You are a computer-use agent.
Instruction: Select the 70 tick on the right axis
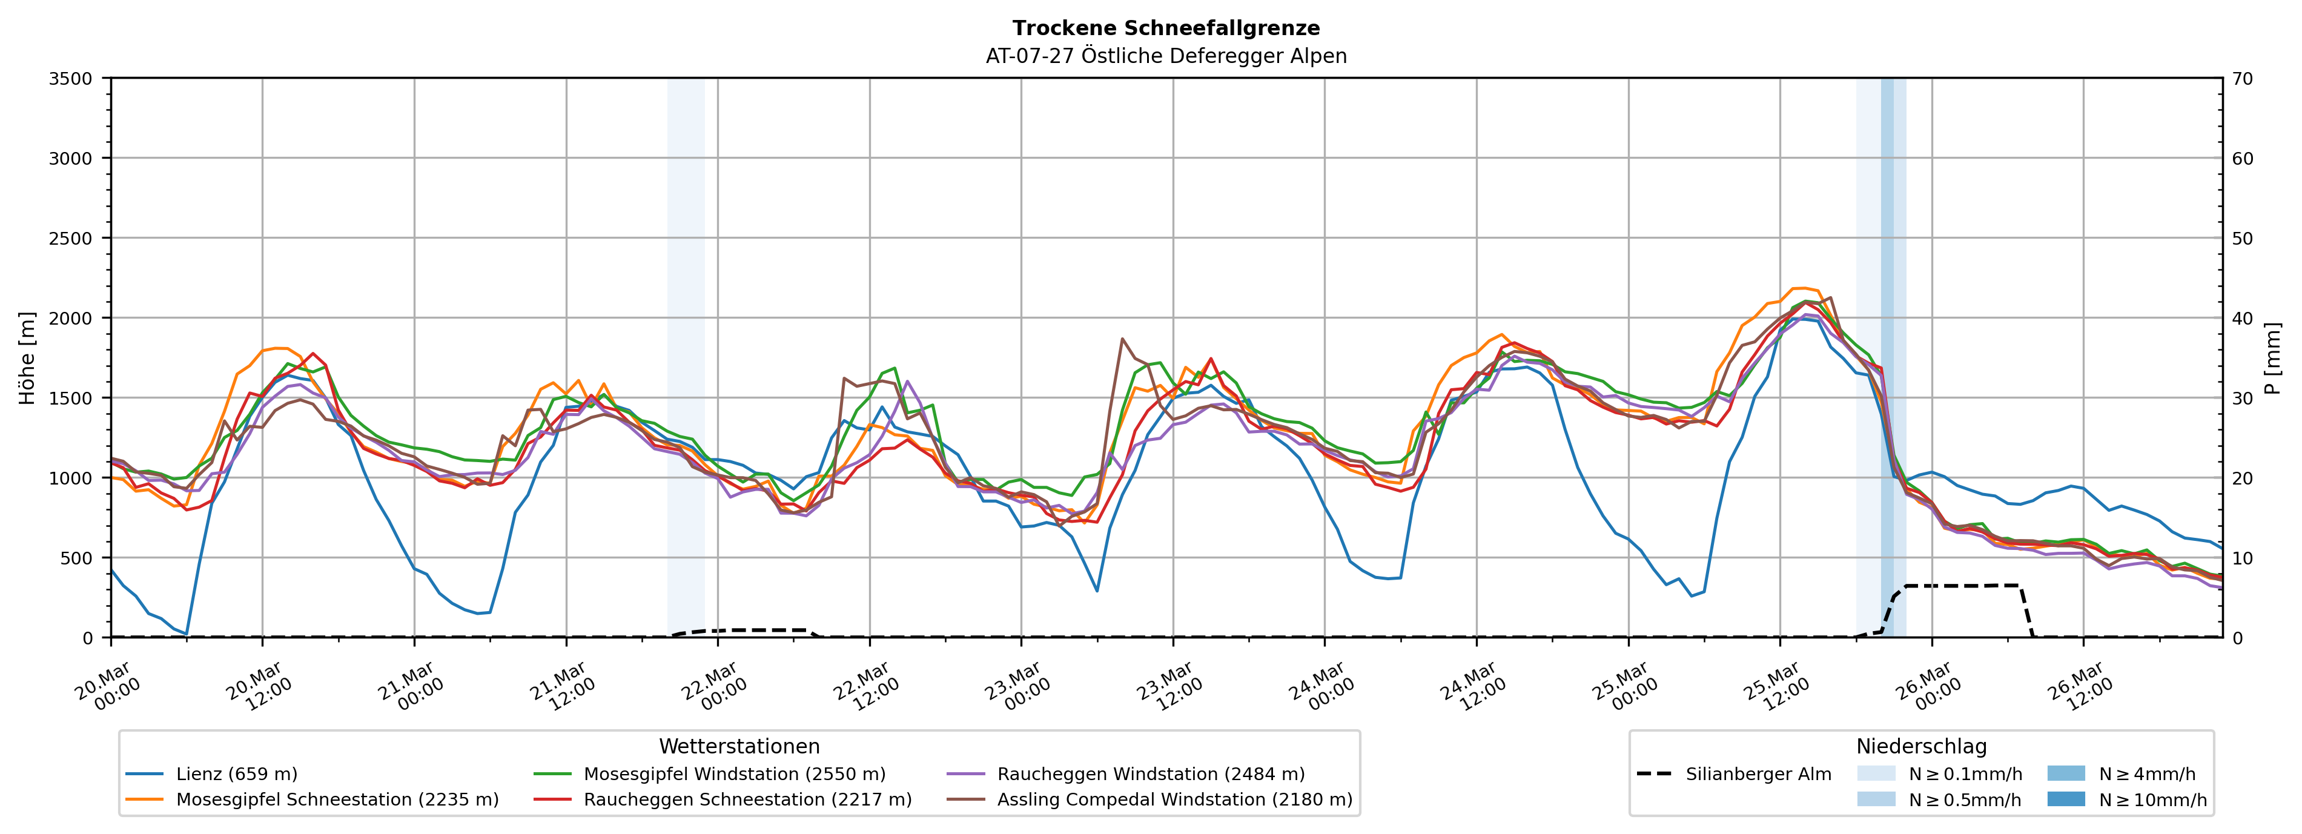2243,79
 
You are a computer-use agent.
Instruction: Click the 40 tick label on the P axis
2243,318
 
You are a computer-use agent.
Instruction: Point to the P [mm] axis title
2272,357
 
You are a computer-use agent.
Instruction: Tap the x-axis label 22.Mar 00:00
715,686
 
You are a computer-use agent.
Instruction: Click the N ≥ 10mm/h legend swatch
2066,799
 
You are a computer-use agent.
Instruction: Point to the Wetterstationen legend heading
739,746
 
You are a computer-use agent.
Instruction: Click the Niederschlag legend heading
1921,746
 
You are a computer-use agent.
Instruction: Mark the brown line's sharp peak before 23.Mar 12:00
1122,339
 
